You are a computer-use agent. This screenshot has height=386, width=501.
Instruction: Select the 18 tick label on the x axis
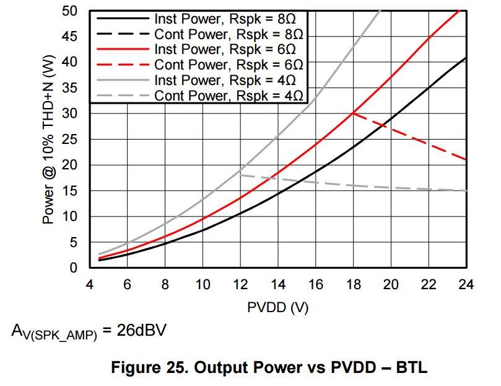[353, 285]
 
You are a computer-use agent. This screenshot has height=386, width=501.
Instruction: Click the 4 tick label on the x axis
[90, 285]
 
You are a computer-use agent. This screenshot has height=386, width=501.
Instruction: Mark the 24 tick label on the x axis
[466, 285]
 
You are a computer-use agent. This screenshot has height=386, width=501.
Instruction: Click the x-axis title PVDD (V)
[277, 307]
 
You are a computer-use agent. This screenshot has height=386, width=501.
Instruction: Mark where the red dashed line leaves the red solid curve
[353, 113]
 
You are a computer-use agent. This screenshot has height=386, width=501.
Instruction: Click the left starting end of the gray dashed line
[240, 175]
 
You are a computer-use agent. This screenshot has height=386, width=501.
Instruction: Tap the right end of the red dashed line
[466, 159]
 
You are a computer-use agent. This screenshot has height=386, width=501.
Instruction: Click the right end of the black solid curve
[466, 58]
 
